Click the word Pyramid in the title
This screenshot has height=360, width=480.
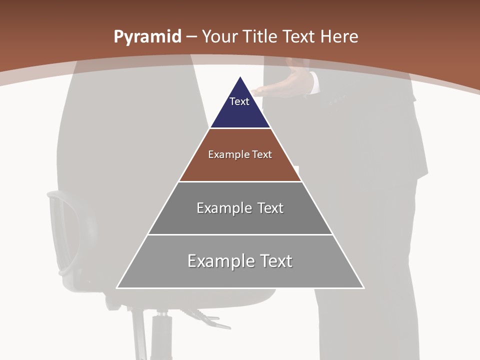click(x=147, y=37)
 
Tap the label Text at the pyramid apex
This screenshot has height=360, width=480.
click(x=239, y=101)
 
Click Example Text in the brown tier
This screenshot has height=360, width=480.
click(x=240, y=154)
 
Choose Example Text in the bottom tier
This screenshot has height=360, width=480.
click(x=240, y=261)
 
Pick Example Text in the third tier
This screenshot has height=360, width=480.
click(x=240, y=208)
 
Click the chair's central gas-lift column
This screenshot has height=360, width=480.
click(x=161, y=335)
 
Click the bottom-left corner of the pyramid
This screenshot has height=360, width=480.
click(x=117, y=288)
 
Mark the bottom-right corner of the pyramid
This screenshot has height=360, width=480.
click(x=363, y=288)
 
